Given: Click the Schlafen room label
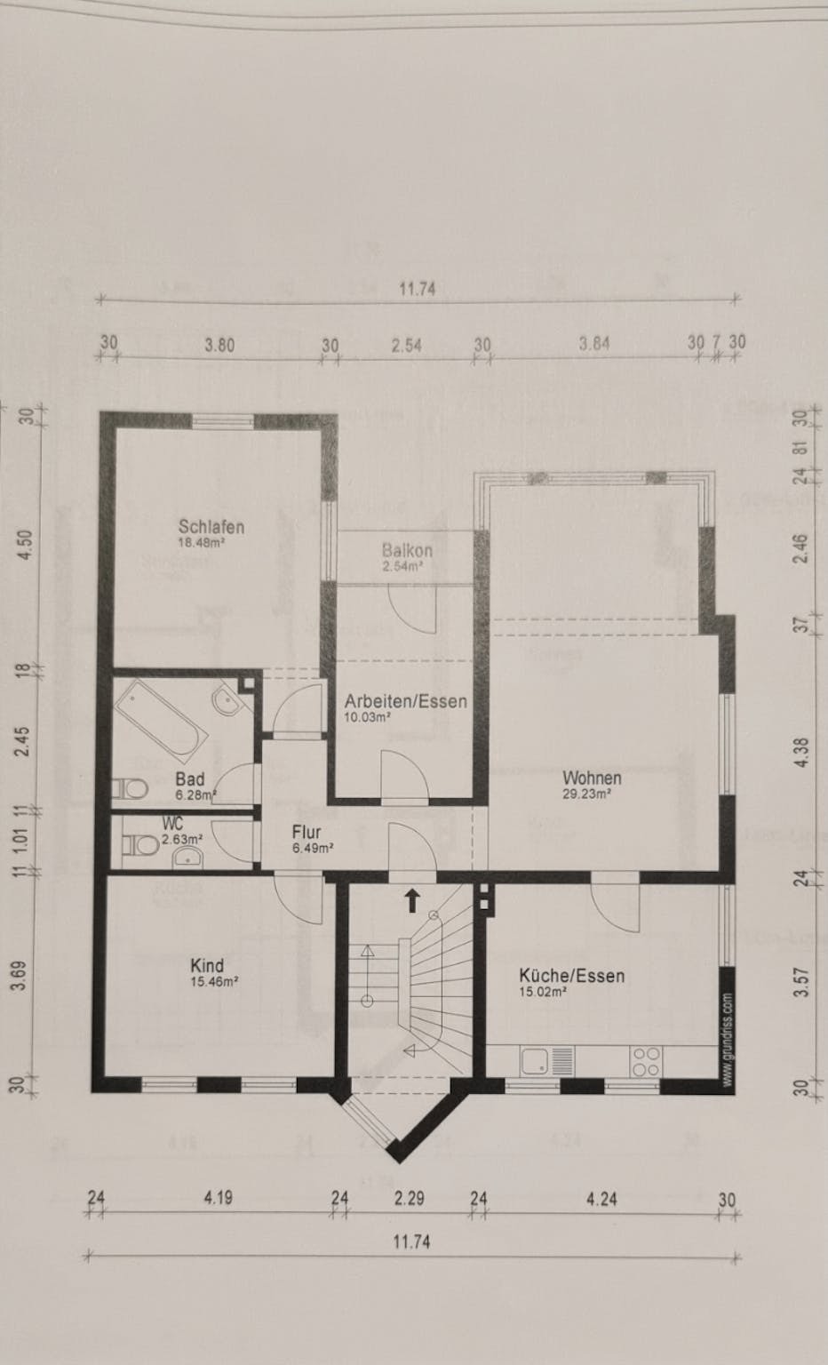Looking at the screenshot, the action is pyautogui.click(x=211, y=526).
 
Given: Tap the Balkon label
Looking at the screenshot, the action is pyautogui.click(x=407, y=550).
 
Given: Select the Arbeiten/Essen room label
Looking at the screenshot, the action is pyautogui.click(x=406, y=701).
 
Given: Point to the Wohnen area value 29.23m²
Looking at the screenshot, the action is pyautogui.click(x=586, y=794).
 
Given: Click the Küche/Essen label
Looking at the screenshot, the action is pyautogui.click(x=572, y=976).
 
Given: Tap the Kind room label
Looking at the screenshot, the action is pyautogui.click(x=207, y=965).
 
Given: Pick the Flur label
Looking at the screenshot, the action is pyautogui.click(x=307, y=832).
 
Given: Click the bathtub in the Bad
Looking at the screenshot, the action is pyautogui.click(x=162, y=721).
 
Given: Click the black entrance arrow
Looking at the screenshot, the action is pyautogui.click(x=412, y=900).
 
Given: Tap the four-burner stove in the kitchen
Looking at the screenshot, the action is pyautogui.click(x=647, y=1062).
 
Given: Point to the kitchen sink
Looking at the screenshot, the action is pyautogui.click(x=547, y=1062).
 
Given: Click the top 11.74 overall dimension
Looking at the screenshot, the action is pyautogui.click(x=418, y=288).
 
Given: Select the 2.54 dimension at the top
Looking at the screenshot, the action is pyautogui.click(x=406, y=346).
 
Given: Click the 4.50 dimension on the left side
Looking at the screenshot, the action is pyautogui.click(x=25, y=545).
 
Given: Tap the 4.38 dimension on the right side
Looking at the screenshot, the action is pyautogui.click(x=802, y=752).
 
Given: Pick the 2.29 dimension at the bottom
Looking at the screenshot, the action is pyautogui.click(x=409, y=1199).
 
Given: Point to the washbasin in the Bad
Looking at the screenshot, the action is pyautogui.click(x=226, y=702).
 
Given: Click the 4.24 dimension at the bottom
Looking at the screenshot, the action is pyautogui.click(x=601, y=1199).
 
